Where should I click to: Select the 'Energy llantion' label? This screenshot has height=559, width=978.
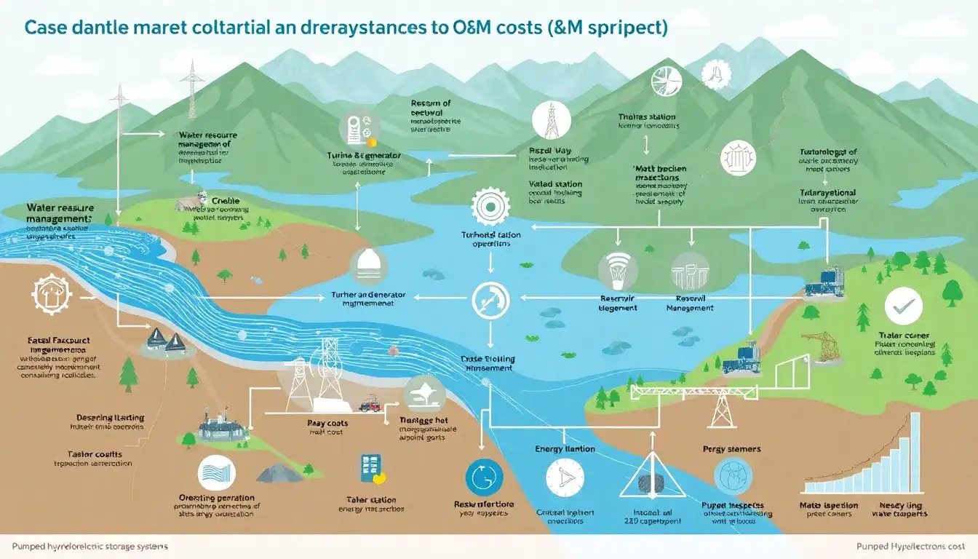[x=565, y=449]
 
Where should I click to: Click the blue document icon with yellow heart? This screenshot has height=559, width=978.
[x=372, y=469]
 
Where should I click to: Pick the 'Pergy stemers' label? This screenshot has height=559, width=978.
[x=732, y=449]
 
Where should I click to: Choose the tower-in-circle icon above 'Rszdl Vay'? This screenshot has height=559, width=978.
[x=552, y=120]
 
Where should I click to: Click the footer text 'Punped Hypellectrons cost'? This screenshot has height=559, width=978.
[x=909, y=546]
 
